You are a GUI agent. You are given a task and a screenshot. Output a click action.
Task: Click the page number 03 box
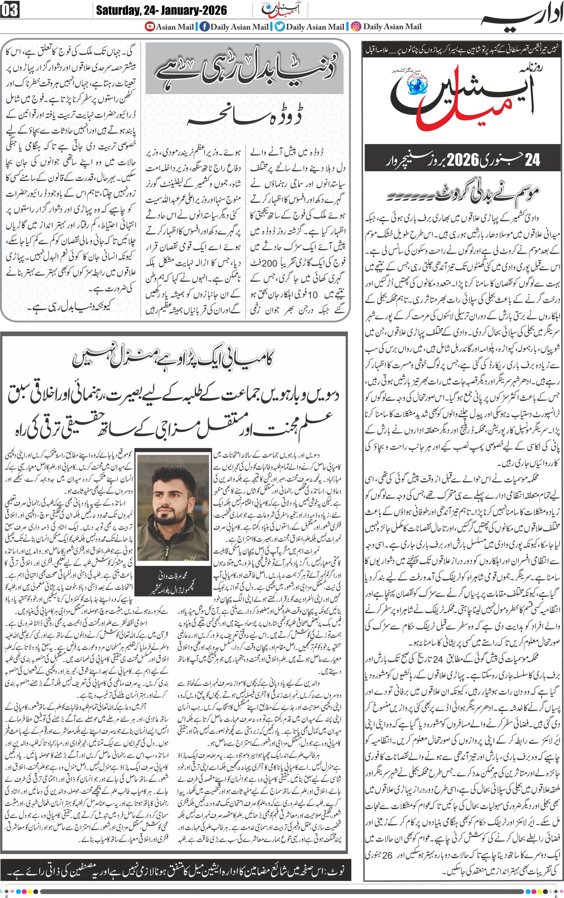point(10,10)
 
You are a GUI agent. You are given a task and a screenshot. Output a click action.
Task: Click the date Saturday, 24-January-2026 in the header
point(161,10)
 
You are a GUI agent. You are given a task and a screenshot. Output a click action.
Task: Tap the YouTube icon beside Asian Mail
point(150,26)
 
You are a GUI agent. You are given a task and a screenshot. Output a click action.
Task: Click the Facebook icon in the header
point(204,26)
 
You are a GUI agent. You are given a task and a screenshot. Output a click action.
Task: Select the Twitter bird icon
point(280,26)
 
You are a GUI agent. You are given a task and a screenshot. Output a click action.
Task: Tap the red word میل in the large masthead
point(448,116)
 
